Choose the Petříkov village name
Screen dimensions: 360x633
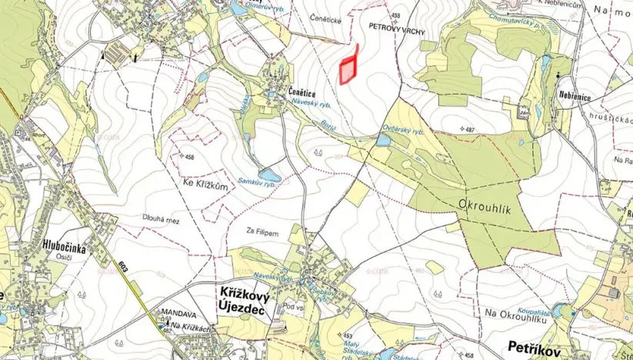tap(531, 348)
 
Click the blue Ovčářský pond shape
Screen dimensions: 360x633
tap(382, 139)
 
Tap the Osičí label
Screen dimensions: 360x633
tap(34, 258)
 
